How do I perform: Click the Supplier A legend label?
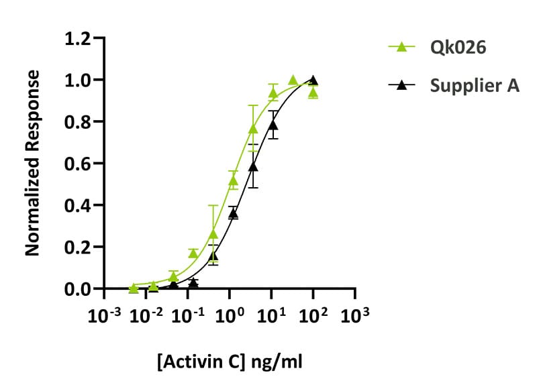click(x=475, y=85)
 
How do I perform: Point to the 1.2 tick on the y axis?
click(x=77, y=38)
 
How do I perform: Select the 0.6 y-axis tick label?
click(x=77, y=164)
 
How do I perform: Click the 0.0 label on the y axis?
click(x=77, y=289)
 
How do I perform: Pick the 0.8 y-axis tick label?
click(x=77, y=121)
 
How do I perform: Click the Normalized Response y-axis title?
click(x=32, y=163)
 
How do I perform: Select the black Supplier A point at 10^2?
click(x=313, y=80)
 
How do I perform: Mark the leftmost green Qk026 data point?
click(x=133, y=288)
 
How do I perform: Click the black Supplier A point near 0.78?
click(x=273, y=125)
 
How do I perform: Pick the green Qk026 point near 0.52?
click(x=234, y=180)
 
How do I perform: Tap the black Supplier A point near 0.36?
click(x=233, y=213)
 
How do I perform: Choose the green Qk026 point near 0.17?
click(x=193, y=253)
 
